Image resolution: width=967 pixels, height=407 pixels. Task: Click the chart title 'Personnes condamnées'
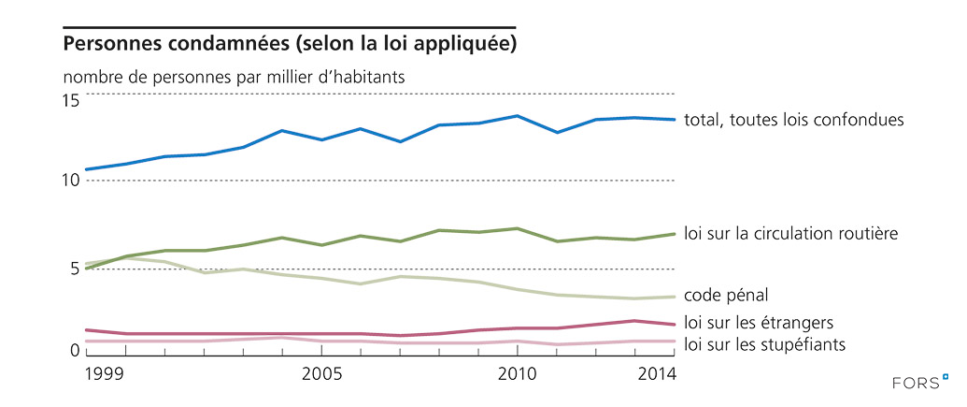pyautogui.click(x=290, y=45)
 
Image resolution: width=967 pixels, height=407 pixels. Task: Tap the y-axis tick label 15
pyautogui.click(x=71, y=100)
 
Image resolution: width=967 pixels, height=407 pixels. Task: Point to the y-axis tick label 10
pyautogui.click(x=71, y=180)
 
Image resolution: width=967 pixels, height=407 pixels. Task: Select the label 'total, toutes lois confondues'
pyautogui.click(x=794, y=120)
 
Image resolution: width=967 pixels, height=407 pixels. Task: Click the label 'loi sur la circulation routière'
pyautogui.click(x=790, y=233)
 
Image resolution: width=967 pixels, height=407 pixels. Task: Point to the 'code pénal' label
pyautogui.click(x=726, y=295)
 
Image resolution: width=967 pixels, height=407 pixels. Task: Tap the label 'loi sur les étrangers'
pyautogui.click(x=759, y=322)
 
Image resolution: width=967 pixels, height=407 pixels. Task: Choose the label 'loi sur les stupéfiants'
pyautogui.click(x=765, y=344)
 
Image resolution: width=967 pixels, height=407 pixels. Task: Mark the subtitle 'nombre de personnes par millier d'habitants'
pyautogui.click(x=234, y=77)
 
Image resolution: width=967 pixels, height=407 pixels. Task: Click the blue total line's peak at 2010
pyautogui.click(x=517, y=116)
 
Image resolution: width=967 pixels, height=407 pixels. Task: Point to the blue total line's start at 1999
pyautogui.click(x=86, y=169)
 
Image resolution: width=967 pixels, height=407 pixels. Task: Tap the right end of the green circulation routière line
pyautogui.click(x=675, y=234)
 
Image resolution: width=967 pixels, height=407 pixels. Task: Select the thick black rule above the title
pyautogui.click(x=289, y=27)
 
